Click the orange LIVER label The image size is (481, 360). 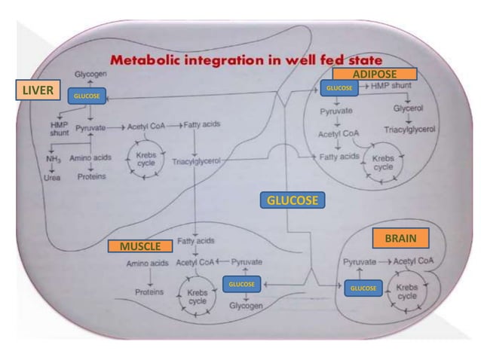[x=37, y=91]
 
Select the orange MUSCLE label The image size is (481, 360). [x=139, y=246]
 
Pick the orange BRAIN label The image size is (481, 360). [x=400, y=238]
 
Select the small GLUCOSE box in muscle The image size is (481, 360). [x=242, y=284]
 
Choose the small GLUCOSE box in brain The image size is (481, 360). [x=363, y=288]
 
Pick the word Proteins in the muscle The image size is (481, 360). [x=149, y=291]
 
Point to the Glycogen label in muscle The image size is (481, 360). [x=247, y=306]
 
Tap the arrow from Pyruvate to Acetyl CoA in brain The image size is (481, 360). [x=384, y=262]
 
